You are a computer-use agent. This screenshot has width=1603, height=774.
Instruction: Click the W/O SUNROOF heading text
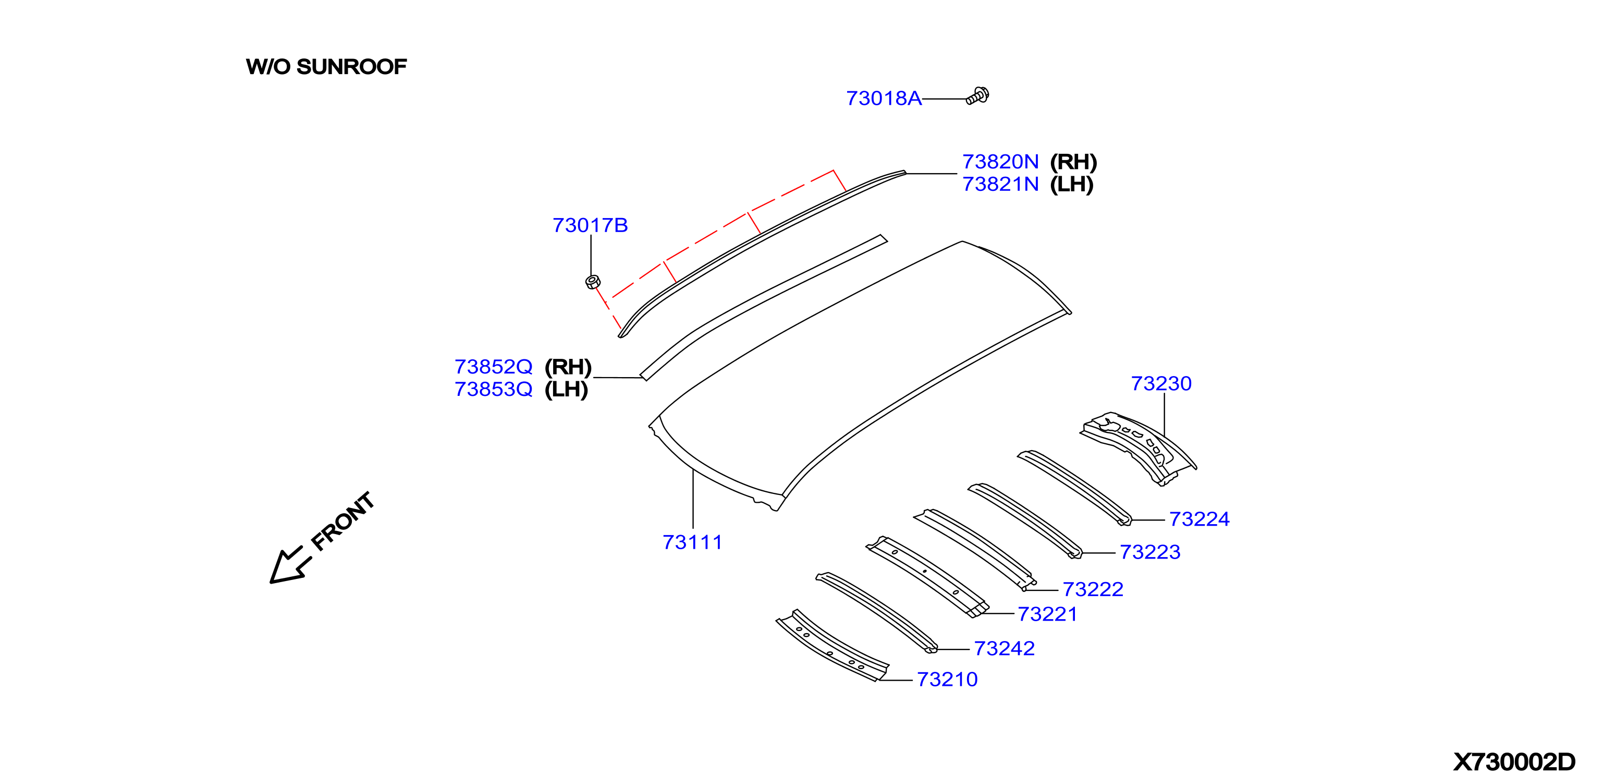[326, 67]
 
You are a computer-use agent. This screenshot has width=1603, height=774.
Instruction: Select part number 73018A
[884, 99]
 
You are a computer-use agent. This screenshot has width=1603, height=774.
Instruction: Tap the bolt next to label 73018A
[977, 96]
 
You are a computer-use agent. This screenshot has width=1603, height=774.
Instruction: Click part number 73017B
[590, 225]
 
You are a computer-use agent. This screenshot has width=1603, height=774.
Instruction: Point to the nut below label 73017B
[592, 282]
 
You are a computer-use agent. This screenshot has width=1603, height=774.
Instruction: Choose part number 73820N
[1000, 162]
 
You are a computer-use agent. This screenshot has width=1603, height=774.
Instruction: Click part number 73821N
[1000, 184]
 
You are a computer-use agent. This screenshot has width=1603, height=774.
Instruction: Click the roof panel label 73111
[692, 542]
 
